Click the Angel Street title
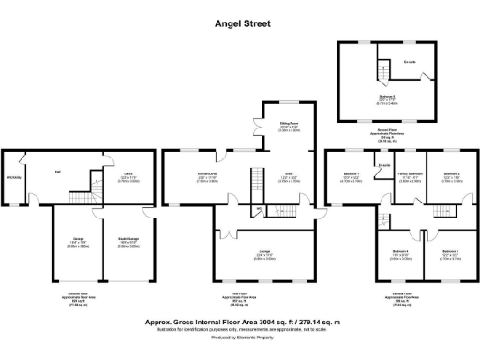(240, 16)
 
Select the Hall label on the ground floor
(57, 172)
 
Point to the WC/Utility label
(14, 179)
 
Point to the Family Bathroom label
(410, 174)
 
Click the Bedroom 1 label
(352, 174)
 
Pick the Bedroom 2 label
(451, 174)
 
